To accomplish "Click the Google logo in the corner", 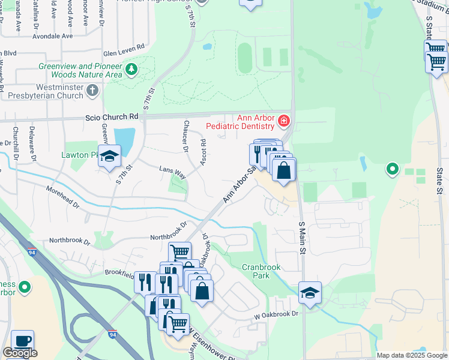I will coord(20,353).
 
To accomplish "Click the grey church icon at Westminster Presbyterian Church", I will coord(92,91).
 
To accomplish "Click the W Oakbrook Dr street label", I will coord(275,314).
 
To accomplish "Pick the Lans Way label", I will coord(172,171).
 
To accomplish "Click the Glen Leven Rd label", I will coord(124,46).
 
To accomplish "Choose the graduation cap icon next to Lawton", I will coord(109,157).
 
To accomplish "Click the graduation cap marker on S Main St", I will coord(310,293).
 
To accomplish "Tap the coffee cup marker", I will coord(23,341).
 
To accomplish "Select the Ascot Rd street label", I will coord(203,152).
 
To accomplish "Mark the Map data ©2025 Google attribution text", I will coord(412,355).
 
